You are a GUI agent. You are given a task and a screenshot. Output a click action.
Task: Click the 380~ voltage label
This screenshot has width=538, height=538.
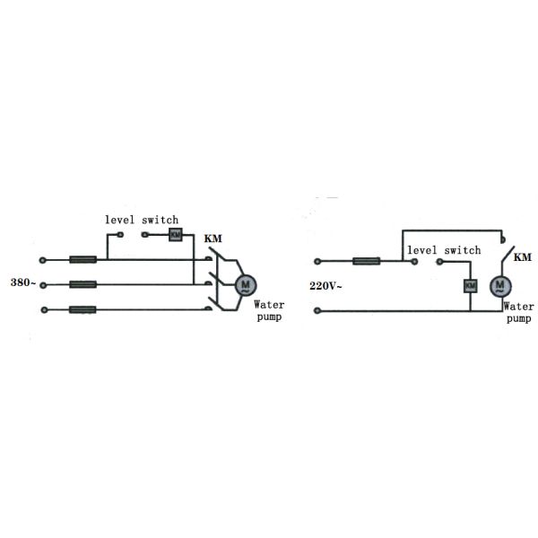click(23, 282)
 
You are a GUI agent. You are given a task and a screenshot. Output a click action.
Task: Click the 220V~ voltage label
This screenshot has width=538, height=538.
click(325, 286)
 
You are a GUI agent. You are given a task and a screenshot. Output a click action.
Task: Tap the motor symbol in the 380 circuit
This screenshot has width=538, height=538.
click(246, 285)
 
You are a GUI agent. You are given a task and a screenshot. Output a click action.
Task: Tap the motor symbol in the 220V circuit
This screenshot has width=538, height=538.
click(500, 286)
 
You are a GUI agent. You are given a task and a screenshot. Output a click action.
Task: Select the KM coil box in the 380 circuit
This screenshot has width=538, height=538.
click(176, 235)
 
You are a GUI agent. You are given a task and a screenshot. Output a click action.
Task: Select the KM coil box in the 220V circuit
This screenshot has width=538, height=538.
click(471, 286)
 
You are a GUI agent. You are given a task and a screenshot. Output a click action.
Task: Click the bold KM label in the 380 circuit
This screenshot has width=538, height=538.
click(213, 239)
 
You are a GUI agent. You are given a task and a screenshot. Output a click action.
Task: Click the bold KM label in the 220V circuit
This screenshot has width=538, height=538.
click(522, 257)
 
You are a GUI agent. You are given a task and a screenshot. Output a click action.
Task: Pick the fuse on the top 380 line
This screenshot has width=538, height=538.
click(83, 259)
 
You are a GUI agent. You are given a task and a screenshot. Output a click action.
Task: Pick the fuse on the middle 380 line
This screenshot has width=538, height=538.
click(83, 284)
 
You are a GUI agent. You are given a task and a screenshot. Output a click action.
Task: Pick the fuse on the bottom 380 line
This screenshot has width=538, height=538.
click(82, 310)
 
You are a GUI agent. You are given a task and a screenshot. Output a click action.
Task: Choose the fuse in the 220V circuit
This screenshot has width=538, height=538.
click(367, 261)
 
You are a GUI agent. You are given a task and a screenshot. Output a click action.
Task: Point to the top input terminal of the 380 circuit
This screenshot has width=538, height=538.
click(42, 260)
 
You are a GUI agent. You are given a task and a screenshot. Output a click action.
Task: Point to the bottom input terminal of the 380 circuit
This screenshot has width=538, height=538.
click(44, 310)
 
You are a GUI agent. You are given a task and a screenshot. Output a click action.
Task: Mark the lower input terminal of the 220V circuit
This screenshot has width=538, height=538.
click(317, 311)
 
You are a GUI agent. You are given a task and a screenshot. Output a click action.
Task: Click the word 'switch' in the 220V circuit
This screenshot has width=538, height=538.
click(463, 250)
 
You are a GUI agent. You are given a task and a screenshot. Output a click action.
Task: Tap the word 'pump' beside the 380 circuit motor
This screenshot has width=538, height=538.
click(269, 317)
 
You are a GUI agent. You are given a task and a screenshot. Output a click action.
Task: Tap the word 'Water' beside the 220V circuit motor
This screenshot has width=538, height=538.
click(519, 306)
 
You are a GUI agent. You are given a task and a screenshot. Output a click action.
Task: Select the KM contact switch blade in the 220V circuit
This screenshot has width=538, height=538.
click(508, 255)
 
